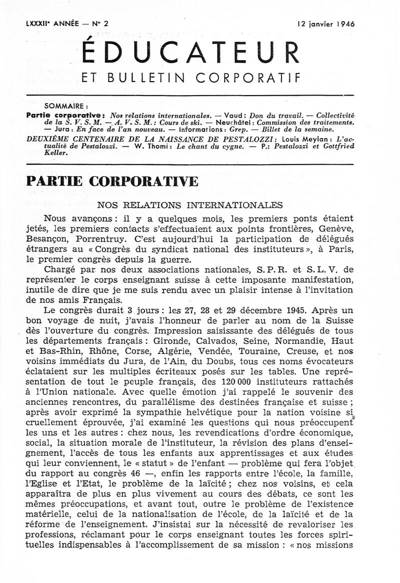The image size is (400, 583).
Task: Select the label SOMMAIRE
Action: [66, 106]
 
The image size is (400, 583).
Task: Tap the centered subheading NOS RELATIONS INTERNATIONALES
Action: [190, 205]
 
